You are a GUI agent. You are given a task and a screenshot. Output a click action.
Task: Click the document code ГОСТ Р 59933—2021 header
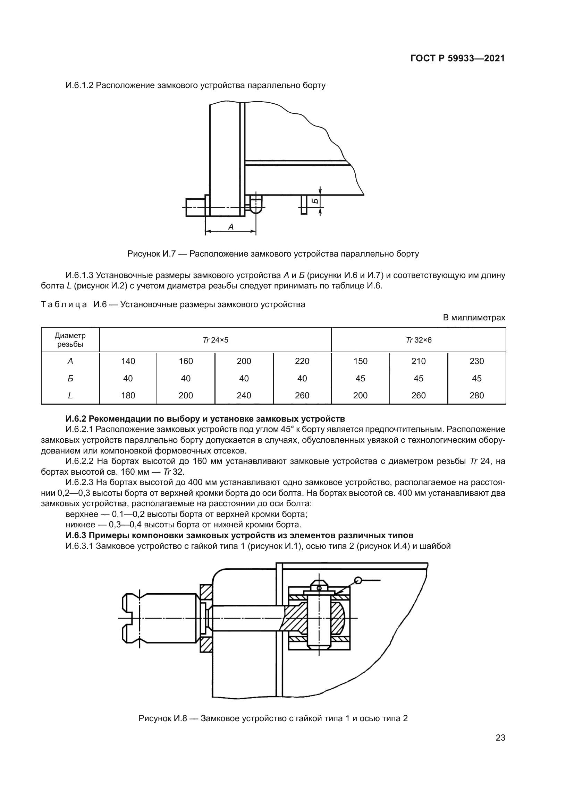tap(457, 59)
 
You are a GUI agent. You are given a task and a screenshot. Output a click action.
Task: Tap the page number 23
tap(500, 737)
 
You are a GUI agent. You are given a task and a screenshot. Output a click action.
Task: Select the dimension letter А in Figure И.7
tap(231, 227)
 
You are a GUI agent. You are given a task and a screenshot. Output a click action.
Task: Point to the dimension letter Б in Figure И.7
tap(315, 201)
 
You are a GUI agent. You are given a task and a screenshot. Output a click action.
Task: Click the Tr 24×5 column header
tap(215, 340)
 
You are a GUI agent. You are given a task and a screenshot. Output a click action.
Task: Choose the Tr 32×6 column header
tap(419, 340)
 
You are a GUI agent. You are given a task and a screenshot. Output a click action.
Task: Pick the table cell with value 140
tap(128, 361)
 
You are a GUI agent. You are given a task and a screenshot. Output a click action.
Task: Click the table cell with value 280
tap(476, 395)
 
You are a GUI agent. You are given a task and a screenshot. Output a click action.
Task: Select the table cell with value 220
tap(302, 361)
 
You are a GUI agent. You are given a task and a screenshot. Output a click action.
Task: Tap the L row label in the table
tap(70, 395)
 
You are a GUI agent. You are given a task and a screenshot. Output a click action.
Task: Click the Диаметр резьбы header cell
tap(70, 340)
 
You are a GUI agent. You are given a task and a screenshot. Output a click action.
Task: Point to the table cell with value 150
tap(360, 361)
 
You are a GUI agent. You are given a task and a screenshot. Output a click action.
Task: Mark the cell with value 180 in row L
tap(128, 395)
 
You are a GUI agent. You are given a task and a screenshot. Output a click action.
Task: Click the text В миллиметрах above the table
tap(474, 318)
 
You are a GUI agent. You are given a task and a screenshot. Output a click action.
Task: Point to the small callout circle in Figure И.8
tap(358, 580)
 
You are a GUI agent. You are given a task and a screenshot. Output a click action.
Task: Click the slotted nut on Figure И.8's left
tap(159, 618)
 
